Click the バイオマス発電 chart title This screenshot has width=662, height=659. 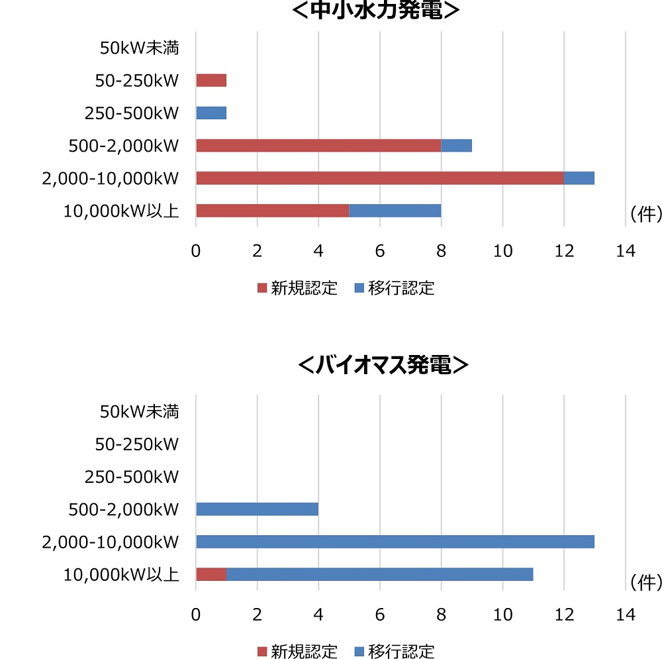tap(384, 365)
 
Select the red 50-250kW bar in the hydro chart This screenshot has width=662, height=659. tap(211, 80)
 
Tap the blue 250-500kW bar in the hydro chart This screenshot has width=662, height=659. tap(211, 113)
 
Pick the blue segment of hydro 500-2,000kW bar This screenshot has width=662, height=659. tap(456, 145)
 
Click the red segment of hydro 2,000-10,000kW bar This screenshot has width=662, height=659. tap(379, 177)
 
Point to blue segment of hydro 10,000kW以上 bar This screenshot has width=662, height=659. tap(395, 211)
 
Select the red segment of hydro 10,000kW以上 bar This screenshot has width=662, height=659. tap(272, 211)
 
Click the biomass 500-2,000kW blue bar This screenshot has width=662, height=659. tap(257, 509)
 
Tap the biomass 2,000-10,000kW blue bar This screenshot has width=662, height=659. tap(395, 542)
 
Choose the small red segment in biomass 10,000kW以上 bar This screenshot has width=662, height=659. tap(211, 574)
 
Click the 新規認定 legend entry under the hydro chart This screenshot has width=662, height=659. tap(297, 288)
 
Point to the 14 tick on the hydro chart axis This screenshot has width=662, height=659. tap(625, 251)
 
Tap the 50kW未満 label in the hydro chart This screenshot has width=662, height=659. tap(140, 48)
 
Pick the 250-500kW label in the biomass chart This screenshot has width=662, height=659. tap(132, 477)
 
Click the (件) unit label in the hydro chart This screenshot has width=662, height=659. tap(644, 215)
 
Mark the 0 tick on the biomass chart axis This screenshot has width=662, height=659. tap(196, 615)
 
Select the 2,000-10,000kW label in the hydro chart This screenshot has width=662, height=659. tap(111, 178)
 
